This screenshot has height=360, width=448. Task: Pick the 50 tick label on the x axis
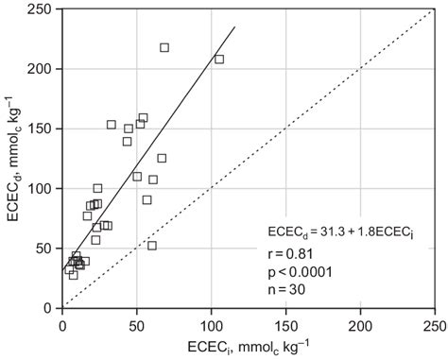click(x=137, y=321)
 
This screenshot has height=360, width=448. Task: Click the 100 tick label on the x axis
click(x=212, y=321)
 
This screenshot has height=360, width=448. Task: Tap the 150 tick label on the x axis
click(x=286, y=321)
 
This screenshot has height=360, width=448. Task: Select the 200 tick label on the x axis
click(x=361, y=321)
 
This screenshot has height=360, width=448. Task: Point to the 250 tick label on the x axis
click(x=435, y=321)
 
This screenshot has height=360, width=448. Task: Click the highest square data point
click(x=164, y=47)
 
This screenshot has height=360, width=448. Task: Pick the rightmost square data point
click(x=219, y=60)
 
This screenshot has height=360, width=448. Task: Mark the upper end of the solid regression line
click(x=234, y=26)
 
